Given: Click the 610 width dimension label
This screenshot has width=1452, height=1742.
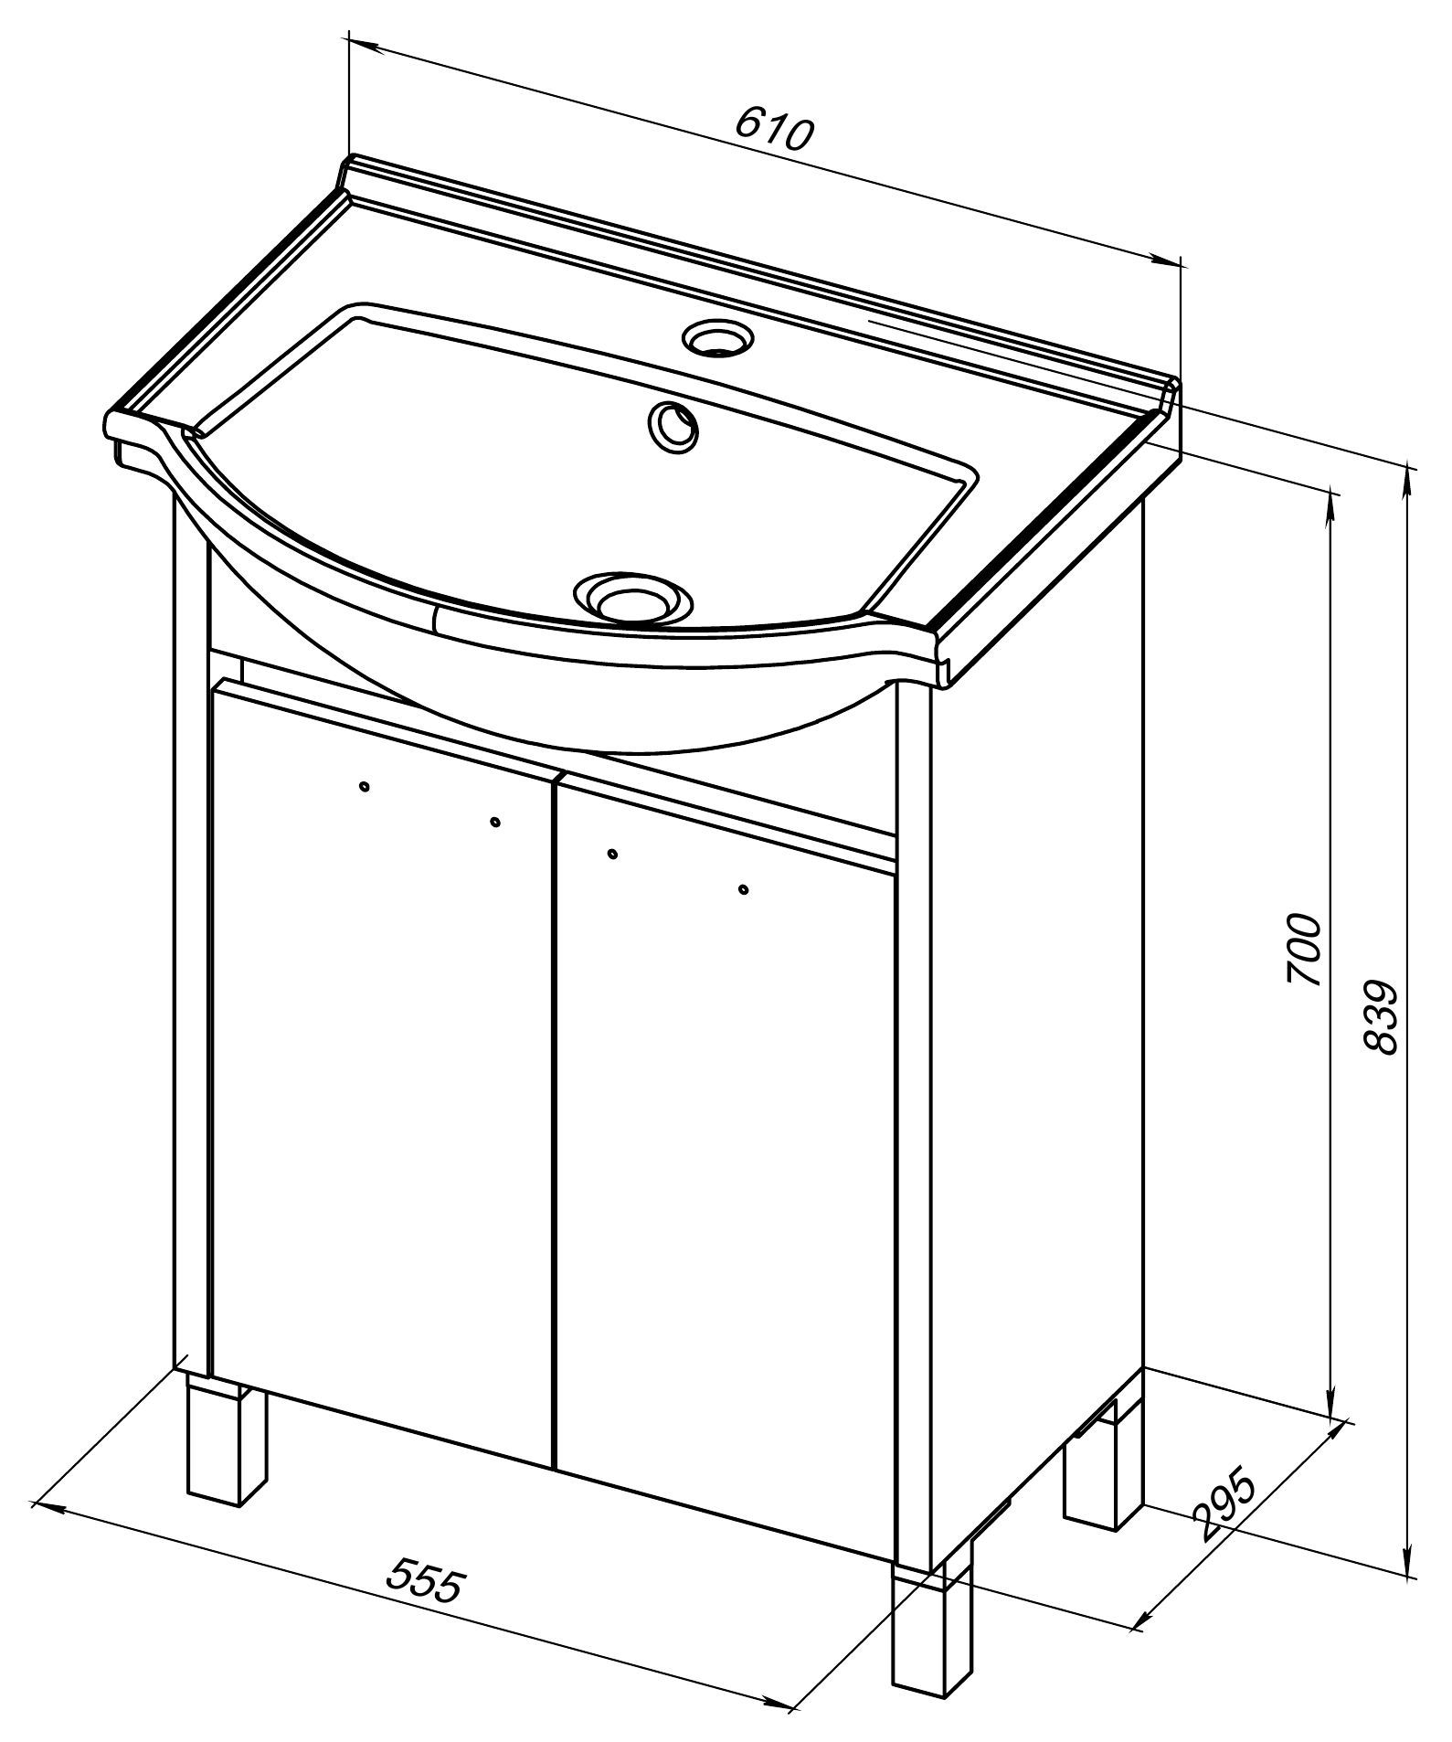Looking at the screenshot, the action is (773, 129).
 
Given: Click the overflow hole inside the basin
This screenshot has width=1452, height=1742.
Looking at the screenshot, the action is (673, 425).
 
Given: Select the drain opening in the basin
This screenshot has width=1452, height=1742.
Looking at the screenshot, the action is (632, 598).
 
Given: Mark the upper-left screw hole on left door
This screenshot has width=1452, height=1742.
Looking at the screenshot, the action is (365, 786).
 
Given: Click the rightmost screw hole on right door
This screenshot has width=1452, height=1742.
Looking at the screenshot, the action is (743, 888).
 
